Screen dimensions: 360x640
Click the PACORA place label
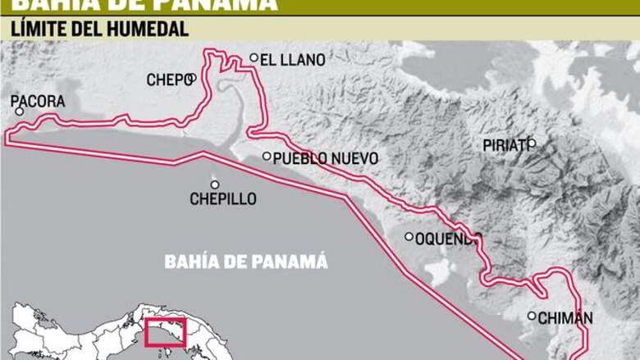click(x=38, y=101)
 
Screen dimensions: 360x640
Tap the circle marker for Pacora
click(x=20, y=112)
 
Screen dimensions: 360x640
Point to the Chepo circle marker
click(x=191, y=79)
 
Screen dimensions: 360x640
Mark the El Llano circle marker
click(x=254, y=58)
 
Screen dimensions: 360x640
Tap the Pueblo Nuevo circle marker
click(x=267, y=156)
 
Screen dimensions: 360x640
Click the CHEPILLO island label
click(x=223, y=199)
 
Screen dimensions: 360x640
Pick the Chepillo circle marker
click(x=215, y=185)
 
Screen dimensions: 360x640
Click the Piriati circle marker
click(x=531, y=144)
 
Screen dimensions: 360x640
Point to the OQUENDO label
click(x=447, y=239)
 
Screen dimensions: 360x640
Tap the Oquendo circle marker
click(x=409, y=237)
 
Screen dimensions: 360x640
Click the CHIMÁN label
click(x=567, y=318)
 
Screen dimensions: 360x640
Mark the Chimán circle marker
click(x=532, y=316)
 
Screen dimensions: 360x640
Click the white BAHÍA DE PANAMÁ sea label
click(x=246, y=262)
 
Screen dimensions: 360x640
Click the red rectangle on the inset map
click(x=166, y=333)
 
